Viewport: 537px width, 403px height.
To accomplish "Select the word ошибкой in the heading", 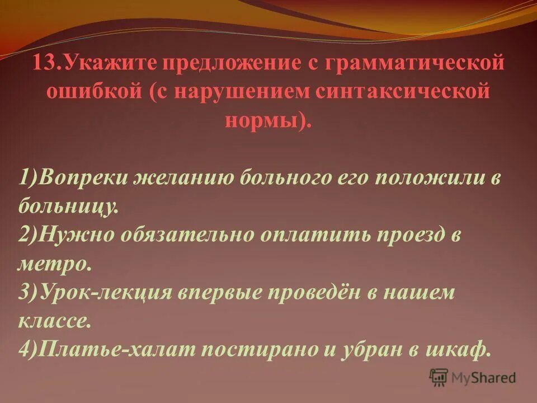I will [x=82, y=91].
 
